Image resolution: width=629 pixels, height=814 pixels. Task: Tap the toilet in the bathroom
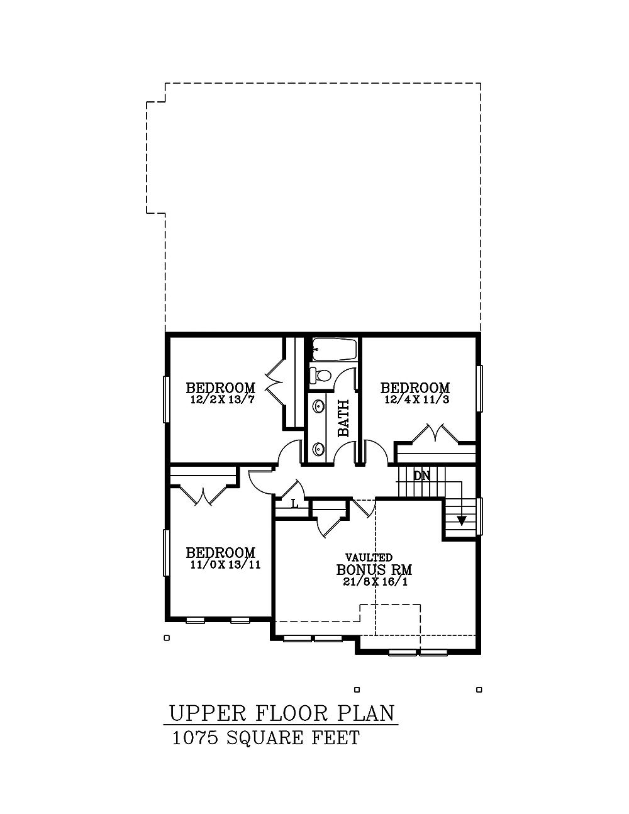click(321, 376)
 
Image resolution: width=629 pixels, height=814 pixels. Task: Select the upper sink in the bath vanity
click(319, 407)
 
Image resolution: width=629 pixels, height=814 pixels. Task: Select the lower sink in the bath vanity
click(319, 449)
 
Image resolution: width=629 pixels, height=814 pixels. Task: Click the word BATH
click(343, 418)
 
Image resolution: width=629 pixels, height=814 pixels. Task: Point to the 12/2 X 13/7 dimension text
click(221, 400)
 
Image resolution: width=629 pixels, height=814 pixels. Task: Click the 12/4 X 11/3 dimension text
click(416, 400)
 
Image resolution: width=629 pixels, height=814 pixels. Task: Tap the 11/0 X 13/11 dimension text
click(225, 565)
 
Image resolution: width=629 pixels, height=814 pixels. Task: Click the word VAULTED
click(369, 557)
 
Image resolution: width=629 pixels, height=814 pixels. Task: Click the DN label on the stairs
click(421, 476)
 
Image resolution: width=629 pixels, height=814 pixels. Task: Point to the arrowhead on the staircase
click(462, 520)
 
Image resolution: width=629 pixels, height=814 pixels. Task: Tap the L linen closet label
click(294, 503)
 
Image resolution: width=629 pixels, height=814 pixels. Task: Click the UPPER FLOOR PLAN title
click(282, 713)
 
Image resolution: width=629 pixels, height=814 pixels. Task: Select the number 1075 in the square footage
click(195, 738)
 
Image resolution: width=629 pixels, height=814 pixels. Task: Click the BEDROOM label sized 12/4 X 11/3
click(415, 388)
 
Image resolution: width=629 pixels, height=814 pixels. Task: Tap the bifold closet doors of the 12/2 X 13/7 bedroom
click(275, 384)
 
